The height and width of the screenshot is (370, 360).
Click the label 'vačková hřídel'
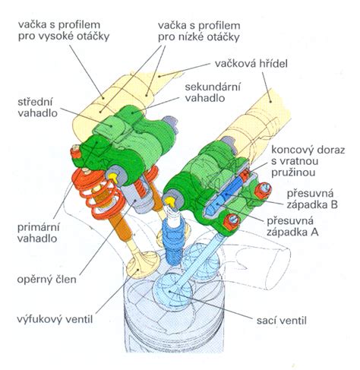click(251, 63)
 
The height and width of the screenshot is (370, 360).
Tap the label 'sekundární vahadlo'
click(213, 92)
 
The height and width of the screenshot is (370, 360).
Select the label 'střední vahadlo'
click(38, 108)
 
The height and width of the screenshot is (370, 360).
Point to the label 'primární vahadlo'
click(39, 232)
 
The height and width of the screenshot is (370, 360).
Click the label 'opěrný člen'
click(46, 280)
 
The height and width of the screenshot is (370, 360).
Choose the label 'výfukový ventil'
click(55, 318)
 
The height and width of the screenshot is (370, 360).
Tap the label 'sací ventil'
click(282, 321)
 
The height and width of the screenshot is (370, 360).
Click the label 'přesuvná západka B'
click(312, 199)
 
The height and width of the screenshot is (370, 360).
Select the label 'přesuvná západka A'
click(292, 226)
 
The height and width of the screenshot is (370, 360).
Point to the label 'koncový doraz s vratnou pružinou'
click(308, 161)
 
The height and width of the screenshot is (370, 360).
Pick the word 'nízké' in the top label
click(196, 37)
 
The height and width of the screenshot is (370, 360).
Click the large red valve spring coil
click(97, 194)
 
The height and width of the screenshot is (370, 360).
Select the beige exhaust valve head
click(143, 265)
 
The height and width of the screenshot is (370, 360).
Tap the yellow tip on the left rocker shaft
click(114, 178)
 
